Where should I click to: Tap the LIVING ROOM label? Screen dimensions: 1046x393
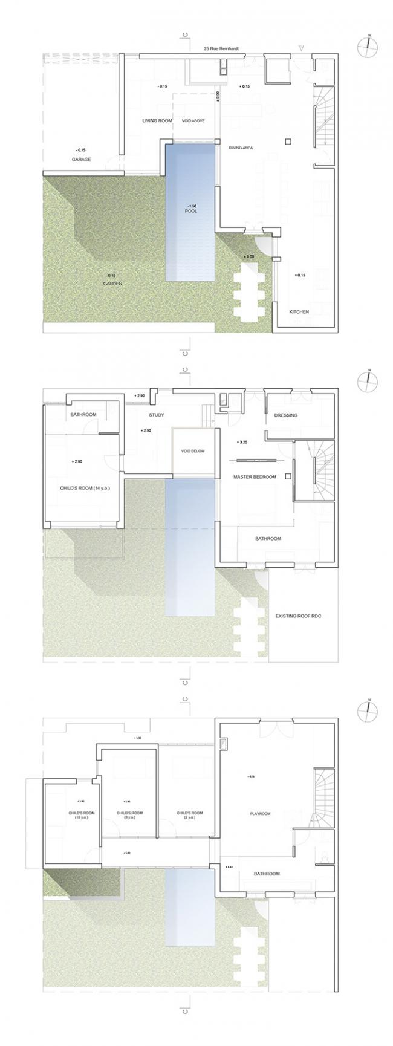coord(157,120)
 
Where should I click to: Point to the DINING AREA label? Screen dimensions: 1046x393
coord(241,148)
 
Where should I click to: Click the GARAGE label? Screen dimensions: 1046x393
coord(82,160)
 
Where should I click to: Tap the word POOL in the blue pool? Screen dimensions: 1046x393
coord(191,212)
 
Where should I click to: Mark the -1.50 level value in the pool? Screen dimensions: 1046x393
coord(192,206)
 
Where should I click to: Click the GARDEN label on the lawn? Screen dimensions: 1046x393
coord(112,284)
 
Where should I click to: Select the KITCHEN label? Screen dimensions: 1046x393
coord(299,312)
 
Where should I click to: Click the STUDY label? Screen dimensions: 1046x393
coord(157,415)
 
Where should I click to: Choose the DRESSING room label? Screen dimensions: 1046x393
coord(285,415)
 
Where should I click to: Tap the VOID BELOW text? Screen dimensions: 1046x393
coord(193,451)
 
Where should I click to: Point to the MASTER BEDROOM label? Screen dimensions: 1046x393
coord(255,477)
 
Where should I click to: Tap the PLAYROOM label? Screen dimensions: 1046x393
coord(260,814)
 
